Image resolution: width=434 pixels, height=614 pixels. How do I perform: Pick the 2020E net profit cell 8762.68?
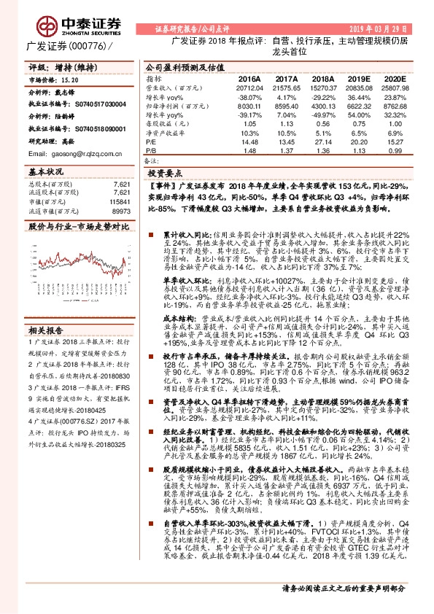coord(391,106)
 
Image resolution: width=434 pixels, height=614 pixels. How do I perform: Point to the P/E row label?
coord(152,143)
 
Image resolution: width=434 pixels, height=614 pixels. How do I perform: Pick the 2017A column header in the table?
coord(287,77)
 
